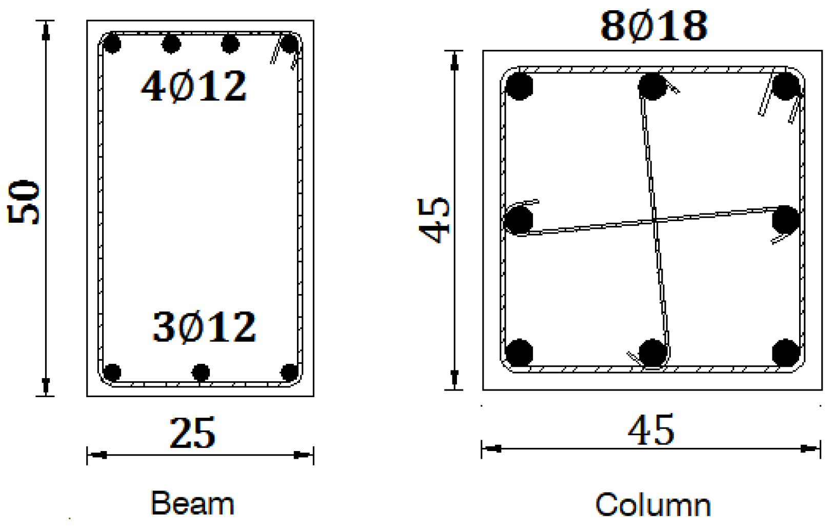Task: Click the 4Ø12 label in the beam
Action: (193, 86)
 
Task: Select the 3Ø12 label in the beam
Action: (204, 327)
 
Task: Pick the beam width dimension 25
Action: (192, 434)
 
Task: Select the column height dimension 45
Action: (433, 220)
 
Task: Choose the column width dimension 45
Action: (651, 431)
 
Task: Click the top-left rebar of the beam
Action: (111, 44)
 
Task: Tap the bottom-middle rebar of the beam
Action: (200, 372)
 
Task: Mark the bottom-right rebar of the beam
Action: (290, 372)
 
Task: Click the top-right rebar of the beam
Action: (290, 44)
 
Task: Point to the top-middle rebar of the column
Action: (652, 86)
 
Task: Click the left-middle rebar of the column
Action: (519, 220)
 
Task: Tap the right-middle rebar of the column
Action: (785, 220)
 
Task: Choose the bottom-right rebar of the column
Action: (785, 353)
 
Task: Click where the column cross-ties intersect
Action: (654, 221)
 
